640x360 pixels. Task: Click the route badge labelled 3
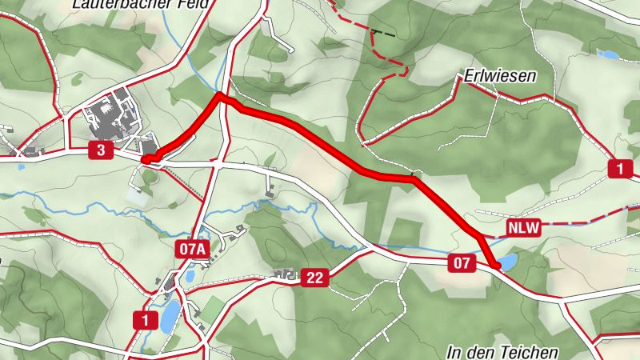click(100, 150)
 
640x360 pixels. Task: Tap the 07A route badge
click(192, 250)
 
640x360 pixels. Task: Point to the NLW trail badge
click(523, 229)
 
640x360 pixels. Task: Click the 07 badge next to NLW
click(462, 263)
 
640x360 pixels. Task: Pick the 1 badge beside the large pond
click(145, 321)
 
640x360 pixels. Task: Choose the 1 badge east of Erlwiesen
click(620, 169)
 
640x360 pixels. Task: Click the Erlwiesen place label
click(499, 77)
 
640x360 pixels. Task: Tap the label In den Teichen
click(502, 352)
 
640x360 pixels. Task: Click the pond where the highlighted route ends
click(507, 261)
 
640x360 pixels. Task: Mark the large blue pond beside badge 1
click(169, 317)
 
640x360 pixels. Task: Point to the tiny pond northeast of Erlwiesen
click(608, 54)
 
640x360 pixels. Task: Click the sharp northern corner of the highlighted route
click(219, 95)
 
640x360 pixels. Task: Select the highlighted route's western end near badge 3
click(146, 159)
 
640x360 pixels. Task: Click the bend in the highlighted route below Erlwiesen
click(413, 179)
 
